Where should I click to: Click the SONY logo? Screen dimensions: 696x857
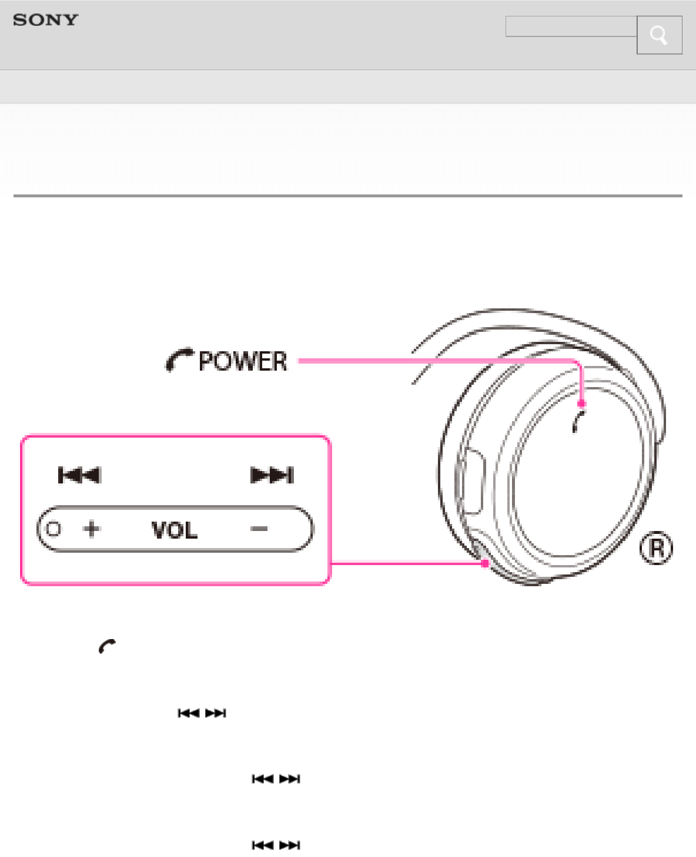point(45,20)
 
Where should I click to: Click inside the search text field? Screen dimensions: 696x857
point(571,26)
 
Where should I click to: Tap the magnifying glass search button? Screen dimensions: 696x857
point(659,35)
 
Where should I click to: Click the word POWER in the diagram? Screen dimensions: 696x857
point(243,361)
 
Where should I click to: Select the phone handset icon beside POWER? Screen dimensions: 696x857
point(179,359)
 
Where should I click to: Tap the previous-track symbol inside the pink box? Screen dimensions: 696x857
point(79,475)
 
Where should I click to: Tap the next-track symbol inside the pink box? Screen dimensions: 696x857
point(272,475)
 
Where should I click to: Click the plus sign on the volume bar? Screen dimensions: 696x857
point(92,529)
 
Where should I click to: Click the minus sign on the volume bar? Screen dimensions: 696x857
point(259,529)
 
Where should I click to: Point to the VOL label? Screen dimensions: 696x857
point(174,530)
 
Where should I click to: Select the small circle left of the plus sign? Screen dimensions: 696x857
point(53,529)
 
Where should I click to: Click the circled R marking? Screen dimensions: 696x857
point(656,548)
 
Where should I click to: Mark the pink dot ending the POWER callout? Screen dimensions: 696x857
point(581,404)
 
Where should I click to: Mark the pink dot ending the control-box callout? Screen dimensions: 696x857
point(484,563)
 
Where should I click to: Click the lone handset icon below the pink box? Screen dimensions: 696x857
point(107,646)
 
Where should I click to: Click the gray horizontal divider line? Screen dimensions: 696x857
point(347,196)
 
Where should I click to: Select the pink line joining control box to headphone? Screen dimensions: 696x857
point(406,563)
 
